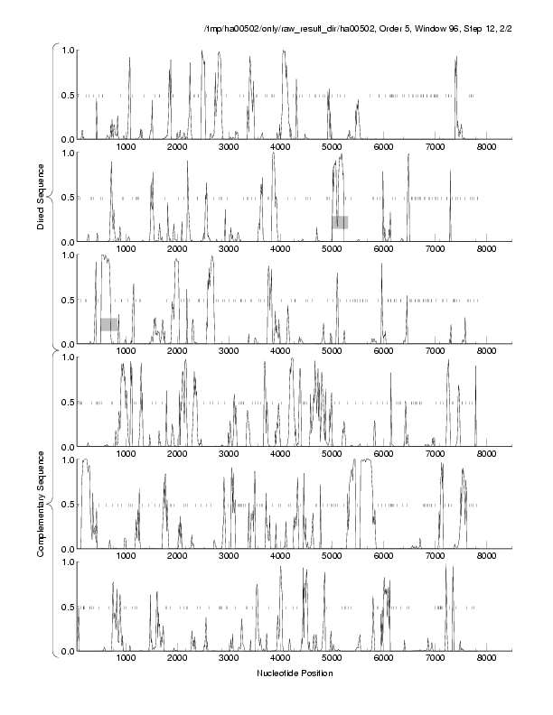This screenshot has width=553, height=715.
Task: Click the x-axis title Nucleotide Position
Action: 295,673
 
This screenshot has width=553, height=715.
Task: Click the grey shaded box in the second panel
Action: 340,222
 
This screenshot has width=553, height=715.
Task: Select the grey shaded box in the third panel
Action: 109,324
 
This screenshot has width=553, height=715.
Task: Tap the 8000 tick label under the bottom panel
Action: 486,659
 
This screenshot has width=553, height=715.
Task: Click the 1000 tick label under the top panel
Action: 126,147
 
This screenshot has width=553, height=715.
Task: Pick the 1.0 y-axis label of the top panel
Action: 68,50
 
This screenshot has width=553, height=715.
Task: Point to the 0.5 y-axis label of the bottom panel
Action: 68,607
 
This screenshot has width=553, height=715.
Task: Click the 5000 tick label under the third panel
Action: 332,352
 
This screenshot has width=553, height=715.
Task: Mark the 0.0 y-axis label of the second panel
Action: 68,242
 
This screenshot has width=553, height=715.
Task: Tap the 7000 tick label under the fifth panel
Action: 435,557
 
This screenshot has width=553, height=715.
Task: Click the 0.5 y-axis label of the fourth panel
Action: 68,402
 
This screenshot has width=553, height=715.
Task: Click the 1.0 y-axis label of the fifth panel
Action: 68,460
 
